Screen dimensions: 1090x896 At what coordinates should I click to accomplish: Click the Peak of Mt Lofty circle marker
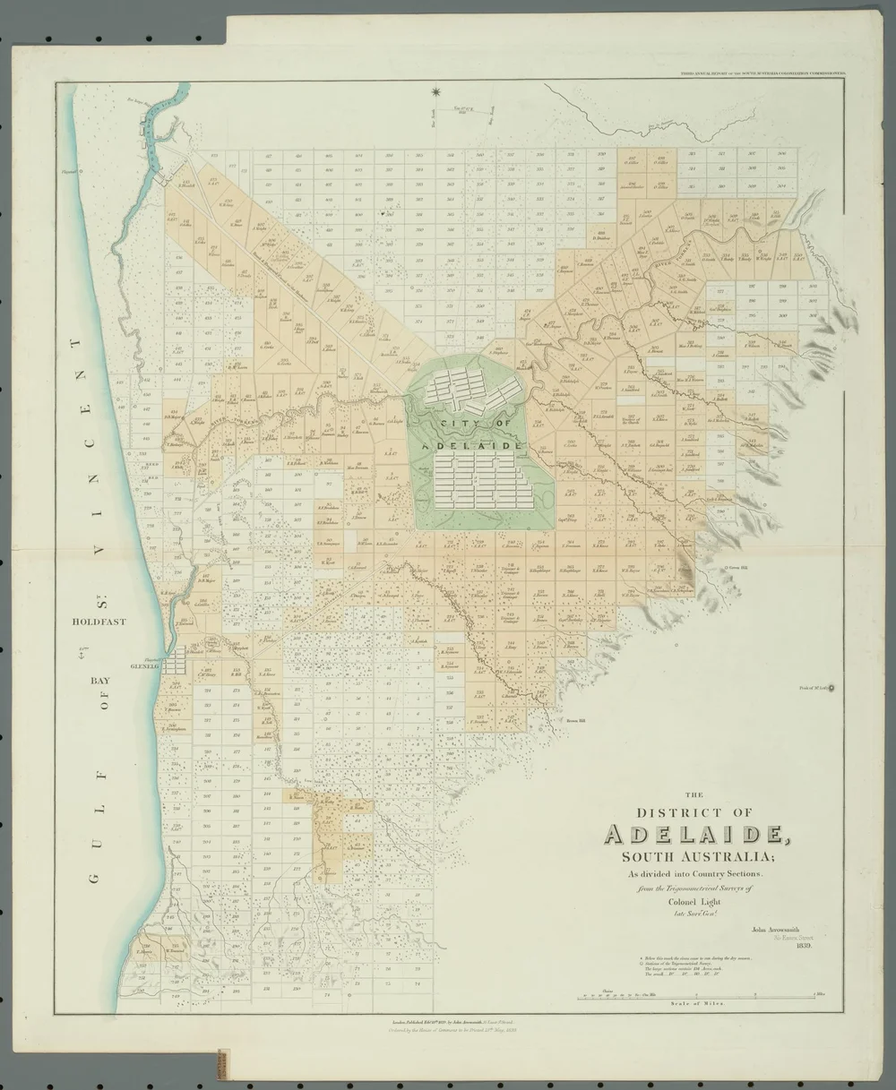[x=833, y=688]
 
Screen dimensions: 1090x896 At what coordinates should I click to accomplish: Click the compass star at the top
[x=435, y=91]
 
